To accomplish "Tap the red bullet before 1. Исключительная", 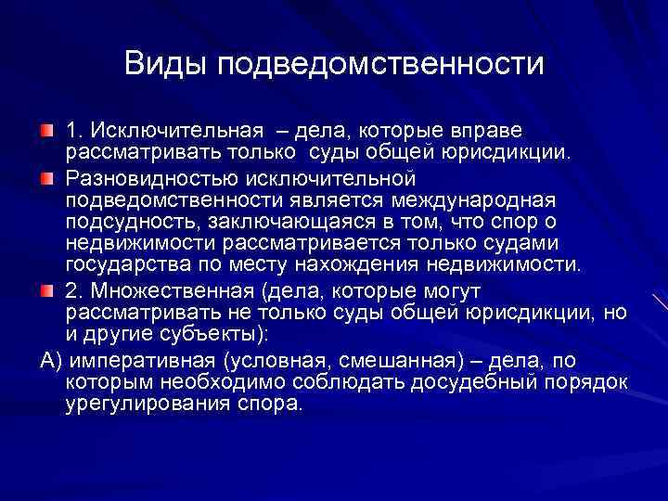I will (x=47, y=127).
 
